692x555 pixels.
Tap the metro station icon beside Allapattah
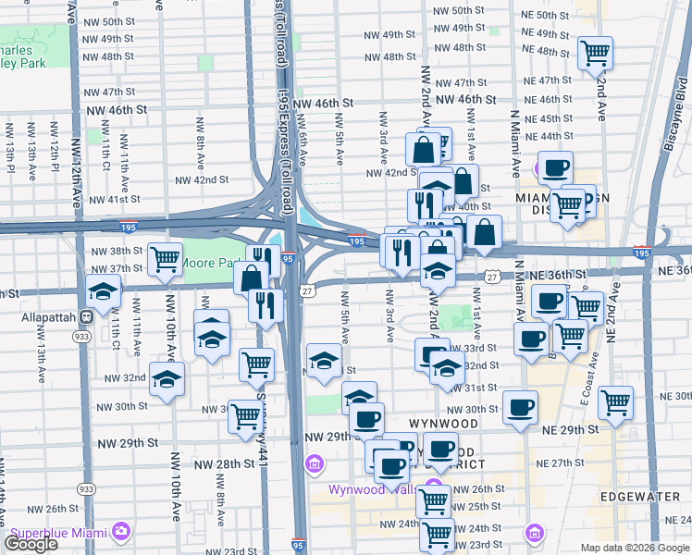pyautogui.click(x=86, y=315)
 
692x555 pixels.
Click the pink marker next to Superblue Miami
pyautogui.click(x=120, y=531)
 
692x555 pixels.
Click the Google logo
pyautogui.click(x=31, y=544)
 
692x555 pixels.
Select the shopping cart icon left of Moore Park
pyautogui.click(x=166, y=259)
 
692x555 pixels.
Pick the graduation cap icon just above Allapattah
pyautogui.click(x=103, y=291)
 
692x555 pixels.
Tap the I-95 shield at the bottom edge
pyautogui.click(x=299, y=547)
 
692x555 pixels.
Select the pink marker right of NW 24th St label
pyautogui.click(x=534, y=532)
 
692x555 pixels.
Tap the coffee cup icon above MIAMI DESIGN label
pyautogui.click(x=556, y=167)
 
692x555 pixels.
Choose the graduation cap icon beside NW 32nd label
pyautogui.click(x=167, y=379)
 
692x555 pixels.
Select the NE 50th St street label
pyautogui.click(x=564, y=15)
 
